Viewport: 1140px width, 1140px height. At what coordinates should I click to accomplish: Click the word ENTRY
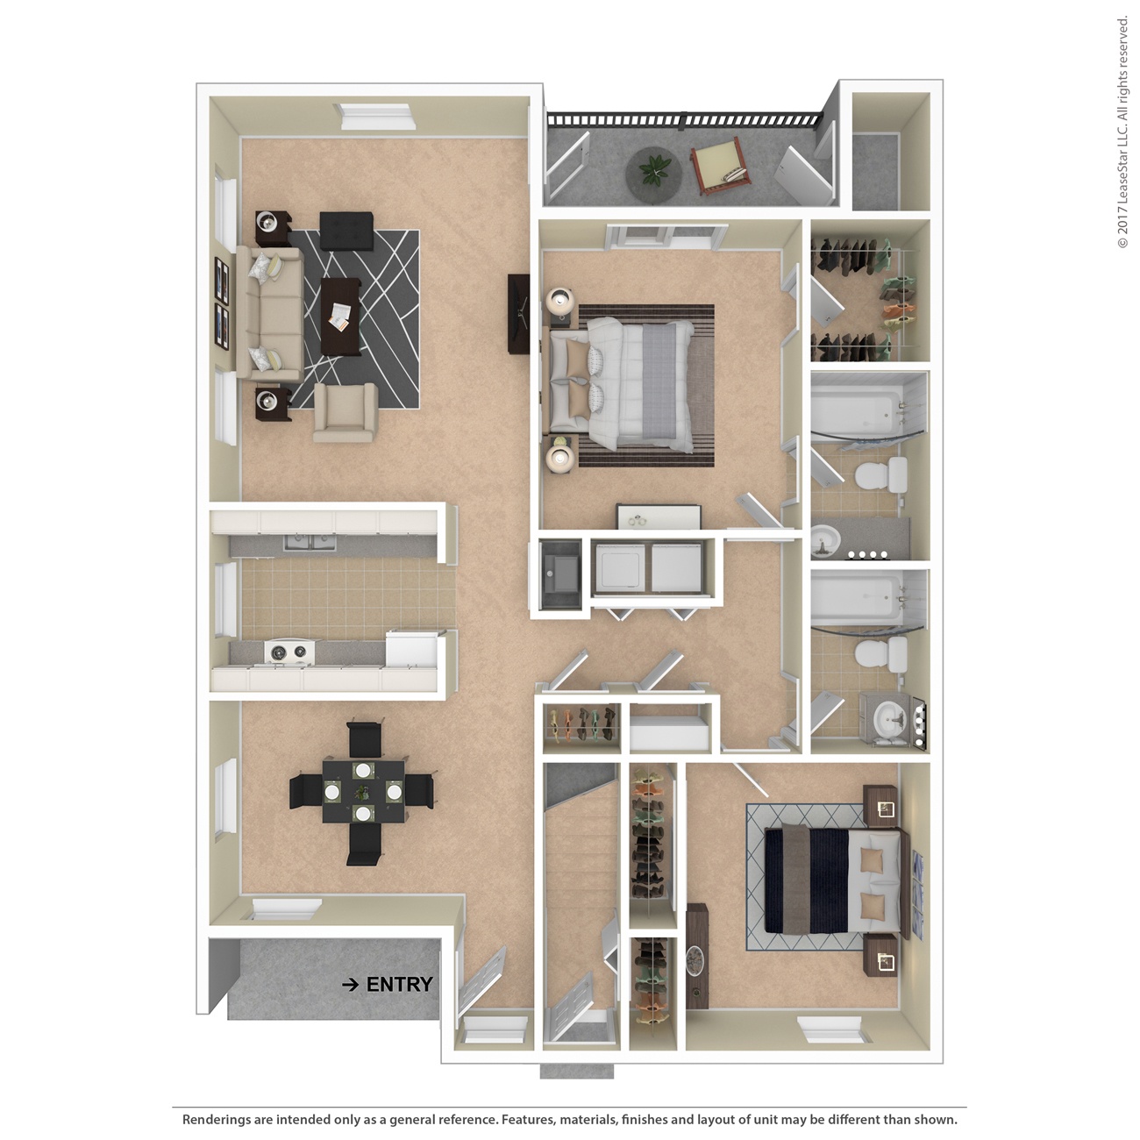click(x=399, y=985)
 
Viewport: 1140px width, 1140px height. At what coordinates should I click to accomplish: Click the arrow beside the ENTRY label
click(x=350, y=985)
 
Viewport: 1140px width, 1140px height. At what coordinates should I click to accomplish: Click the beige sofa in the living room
click(x=270, y=311)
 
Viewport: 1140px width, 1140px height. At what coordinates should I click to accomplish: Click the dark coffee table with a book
click(x=340, y=316)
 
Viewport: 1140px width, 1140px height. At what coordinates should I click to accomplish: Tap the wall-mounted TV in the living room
click(x=518, y=313)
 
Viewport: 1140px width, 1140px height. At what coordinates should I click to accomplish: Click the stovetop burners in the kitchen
click(x=289, y=652)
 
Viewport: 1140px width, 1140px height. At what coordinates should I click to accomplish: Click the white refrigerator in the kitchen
click(x=411, y=650)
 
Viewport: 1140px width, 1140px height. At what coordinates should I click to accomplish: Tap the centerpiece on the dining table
click(x=362, y=792)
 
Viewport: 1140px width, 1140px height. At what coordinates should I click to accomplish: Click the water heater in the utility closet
click(x=559, y=574)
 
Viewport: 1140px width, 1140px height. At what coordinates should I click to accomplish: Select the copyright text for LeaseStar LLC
click(x=1122, y=132)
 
